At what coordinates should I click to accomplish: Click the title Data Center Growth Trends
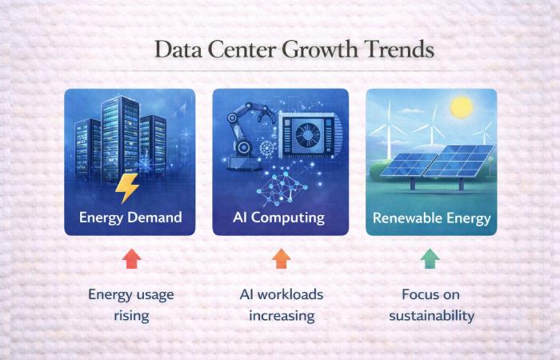pyautogui.click(x=294, y=50)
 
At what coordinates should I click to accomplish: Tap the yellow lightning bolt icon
pyautogui.click(x=128, y=188)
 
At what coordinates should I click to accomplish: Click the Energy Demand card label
pyautogui.click(x=130, y=218)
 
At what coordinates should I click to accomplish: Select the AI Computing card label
pyautogui.click(x=280, y=218)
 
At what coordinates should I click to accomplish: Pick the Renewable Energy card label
pyautogui.click(x=431, y=218)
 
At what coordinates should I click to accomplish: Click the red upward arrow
pyautogui.click(x=131, y=258)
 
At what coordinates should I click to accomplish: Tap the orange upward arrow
pyautogui.click(x=281, y=258)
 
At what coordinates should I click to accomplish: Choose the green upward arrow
pyautogui.click(x=431, y=258)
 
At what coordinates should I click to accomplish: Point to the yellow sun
pyautogui.click(x=461, y=106)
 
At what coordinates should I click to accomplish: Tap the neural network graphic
pyautogui.click(x=282, y=188)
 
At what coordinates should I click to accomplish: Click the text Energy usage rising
pyautogui.click(x=131, y=305)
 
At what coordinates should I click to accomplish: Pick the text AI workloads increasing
pyautogui.click(x=281, y=305)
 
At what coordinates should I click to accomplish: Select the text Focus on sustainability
pyautogui.click(x=431, y=305)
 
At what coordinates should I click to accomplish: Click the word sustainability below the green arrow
pyautogui.click(x=431, y=315)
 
